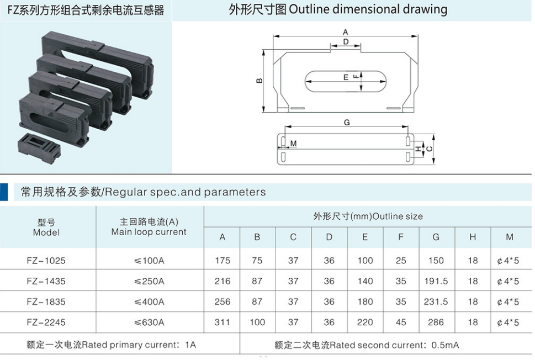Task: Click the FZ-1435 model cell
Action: pos(46,281)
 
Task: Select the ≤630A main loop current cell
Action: pos(149,322)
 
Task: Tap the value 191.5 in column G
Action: pos(436,281)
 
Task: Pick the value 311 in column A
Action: pos(222,322)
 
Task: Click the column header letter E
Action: pos(365,237)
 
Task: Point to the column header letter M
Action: pos(509,237)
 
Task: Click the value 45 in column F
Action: pos(401,322)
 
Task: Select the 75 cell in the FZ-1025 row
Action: pos(257,261)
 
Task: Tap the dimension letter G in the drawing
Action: pos(347,122)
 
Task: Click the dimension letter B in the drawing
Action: pos(259,81)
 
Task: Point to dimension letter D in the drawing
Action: pos(346,41)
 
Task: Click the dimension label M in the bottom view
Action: pos(293,144)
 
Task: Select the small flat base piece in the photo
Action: pos(39,149)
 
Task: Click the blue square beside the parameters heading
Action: pos(4,192)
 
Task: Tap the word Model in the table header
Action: pos(46,232)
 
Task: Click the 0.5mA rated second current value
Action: pos(445,345)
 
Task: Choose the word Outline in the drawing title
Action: pos(309,9)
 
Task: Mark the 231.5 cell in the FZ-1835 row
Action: pos(436,301)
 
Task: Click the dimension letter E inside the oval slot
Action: pos(346,77)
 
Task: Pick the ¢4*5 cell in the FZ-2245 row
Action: pos(508,322)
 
